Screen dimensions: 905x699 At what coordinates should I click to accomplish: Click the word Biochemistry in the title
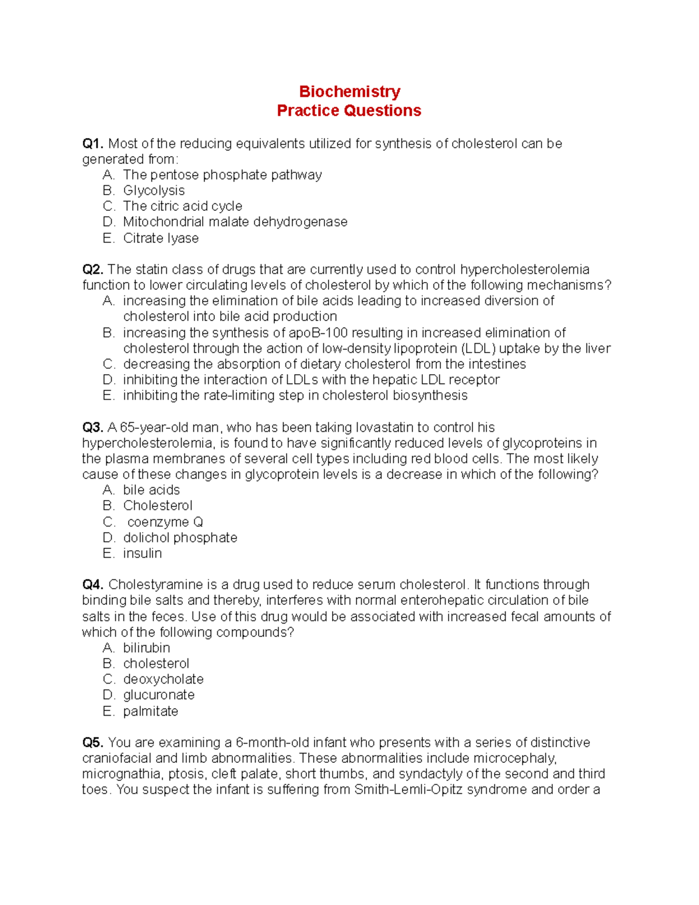pos(349,91)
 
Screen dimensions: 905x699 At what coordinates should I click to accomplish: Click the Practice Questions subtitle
pos(349,111)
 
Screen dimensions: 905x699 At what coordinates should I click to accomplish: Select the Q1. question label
pos(93,143)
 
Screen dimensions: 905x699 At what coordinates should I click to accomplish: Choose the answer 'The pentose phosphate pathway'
pos(222,175)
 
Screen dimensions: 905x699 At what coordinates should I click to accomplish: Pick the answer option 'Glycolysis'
pos(154,191)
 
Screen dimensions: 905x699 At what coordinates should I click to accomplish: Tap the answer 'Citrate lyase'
pos(161,238)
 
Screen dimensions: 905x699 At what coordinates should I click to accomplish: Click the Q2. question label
pos(93,269)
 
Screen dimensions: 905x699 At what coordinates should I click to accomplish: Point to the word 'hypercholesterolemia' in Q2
pos(524,269)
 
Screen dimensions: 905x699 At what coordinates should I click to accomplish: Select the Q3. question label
pos(93,427)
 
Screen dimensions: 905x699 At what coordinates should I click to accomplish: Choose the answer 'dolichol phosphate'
pos(180,537)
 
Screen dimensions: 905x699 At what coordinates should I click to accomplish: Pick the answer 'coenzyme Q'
pos(165,522)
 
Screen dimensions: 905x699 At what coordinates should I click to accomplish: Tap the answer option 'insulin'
pos(142,553)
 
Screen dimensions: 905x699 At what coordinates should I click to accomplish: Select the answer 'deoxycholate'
pos(163,679)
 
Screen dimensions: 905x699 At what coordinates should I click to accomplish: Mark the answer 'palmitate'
pos(150,711)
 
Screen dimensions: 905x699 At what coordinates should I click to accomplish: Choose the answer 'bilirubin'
pos(146,647)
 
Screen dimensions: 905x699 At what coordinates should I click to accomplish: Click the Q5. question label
pos(93,742)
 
